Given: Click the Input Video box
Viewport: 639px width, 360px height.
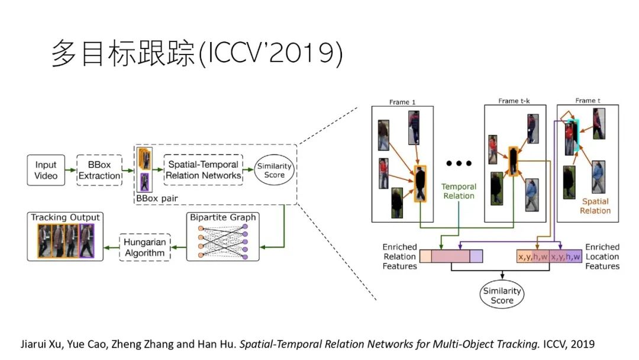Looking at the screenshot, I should (46, 170).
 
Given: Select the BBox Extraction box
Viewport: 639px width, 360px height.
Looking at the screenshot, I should (99, 170).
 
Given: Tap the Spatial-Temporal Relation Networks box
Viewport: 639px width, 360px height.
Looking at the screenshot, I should (203, 170).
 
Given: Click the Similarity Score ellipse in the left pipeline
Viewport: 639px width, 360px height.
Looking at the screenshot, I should (275, 170).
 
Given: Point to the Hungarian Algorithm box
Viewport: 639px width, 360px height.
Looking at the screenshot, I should (145, 247).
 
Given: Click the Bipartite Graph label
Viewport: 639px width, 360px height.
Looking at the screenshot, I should (223, 217).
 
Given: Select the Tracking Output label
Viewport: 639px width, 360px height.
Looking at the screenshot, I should (66, 217).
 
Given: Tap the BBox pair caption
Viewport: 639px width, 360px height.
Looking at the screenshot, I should (156, 197).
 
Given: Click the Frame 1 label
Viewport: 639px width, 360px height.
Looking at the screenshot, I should (402, 102).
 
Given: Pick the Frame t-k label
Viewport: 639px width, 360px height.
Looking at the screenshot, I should (514, 101).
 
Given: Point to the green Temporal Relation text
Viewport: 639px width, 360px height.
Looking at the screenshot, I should (459, 191).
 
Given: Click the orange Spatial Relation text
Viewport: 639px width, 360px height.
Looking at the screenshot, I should (595, 206).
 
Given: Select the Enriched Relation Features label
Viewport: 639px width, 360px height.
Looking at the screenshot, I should (400, 256).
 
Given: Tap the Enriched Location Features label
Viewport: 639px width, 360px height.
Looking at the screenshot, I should (602, 256).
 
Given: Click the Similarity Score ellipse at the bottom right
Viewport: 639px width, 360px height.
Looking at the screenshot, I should (502, 295).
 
